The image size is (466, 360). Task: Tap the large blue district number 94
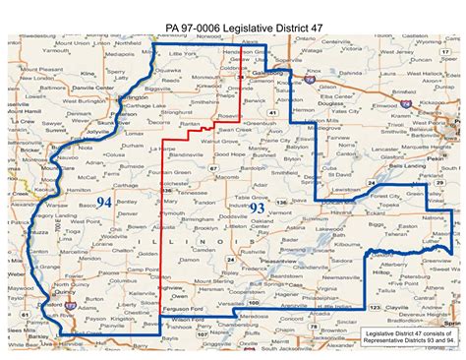click(x=105, y=203)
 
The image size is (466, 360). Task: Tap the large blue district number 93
click(x=257, y=209)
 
